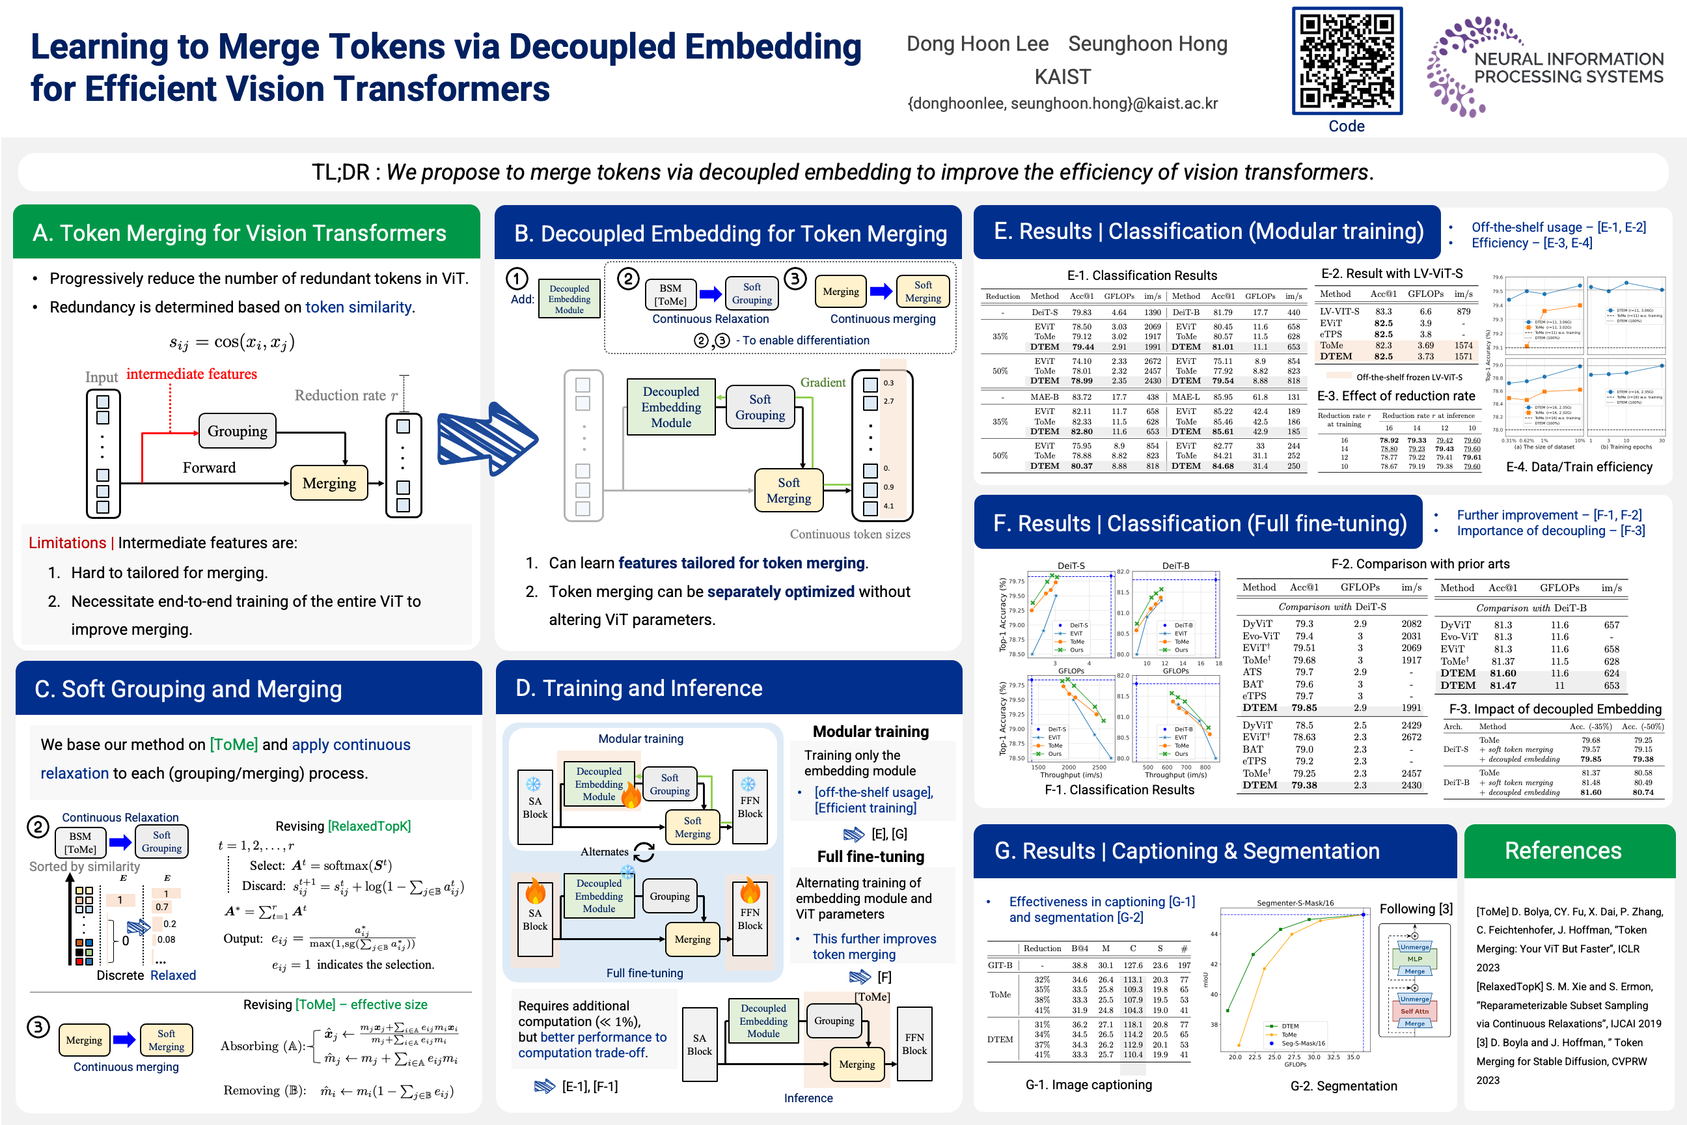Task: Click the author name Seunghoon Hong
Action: point(1147,44)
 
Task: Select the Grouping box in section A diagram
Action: point(237,431)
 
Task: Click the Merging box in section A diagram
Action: point(329,483)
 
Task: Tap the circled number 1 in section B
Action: point(517,279)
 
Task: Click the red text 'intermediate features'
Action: point(191,374)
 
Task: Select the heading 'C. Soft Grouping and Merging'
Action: point(188,689)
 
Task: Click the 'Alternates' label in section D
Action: point(604,852)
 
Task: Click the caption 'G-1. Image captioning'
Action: point(1088,1085)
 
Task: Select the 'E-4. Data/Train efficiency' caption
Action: point(1579,467)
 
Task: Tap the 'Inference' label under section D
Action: point(808,1098)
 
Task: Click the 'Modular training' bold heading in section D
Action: point(870,732)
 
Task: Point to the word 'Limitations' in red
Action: point(66,543)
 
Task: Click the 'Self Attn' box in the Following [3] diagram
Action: point(1414,1011)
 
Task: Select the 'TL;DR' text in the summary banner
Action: point(340,172)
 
